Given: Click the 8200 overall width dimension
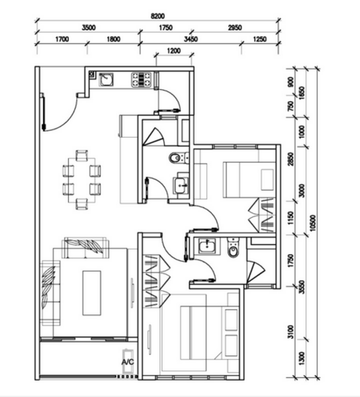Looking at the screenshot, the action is tap(157, 16).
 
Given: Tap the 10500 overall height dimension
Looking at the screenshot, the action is tap(313, 223).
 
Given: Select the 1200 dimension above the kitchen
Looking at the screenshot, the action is tap(173, 51).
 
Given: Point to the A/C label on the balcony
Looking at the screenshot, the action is tap(127, 362).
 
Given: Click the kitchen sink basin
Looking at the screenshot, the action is tap(106, 79).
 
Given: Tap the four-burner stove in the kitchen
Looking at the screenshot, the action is tap(141, 79).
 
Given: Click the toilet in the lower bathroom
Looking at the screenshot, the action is tap(233, 247).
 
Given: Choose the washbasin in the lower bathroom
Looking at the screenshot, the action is tap(207, 246).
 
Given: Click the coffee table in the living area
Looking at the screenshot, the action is tap(91, 293).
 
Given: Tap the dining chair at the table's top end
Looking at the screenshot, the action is tap(81, 155).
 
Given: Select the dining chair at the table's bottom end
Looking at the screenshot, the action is tap(81, 204).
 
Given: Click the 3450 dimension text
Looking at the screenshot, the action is tap(191, 39).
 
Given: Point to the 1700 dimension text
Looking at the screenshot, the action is tap(62, 39).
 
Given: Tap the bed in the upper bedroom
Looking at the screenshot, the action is tap(249, 180).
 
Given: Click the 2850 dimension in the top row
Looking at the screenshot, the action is tap(235, 28).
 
